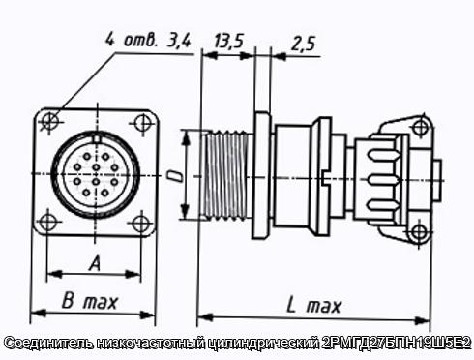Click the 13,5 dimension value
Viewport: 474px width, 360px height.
click(x=227, y=41)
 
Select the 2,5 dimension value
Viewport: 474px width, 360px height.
click(x=303, y=44)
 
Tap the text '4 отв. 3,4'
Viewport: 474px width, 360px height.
click(x=148, y=40)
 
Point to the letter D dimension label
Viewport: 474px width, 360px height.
click(x=176, y=176)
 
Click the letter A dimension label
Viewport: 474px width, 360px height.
click(x=95, y=262)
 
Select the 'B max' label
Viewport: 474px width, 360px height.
click(x=89, y=301)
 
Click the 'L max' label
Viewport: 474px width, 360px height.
click(x=313, y=305)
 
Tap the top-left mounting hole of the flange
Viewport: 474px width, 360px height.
click(x=50, y=121)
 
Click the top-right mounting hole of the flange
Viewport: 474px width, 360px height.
click(x=141, y=122)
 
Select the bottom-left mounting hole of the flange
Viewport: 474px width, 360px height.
click(x=48, y=222)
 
